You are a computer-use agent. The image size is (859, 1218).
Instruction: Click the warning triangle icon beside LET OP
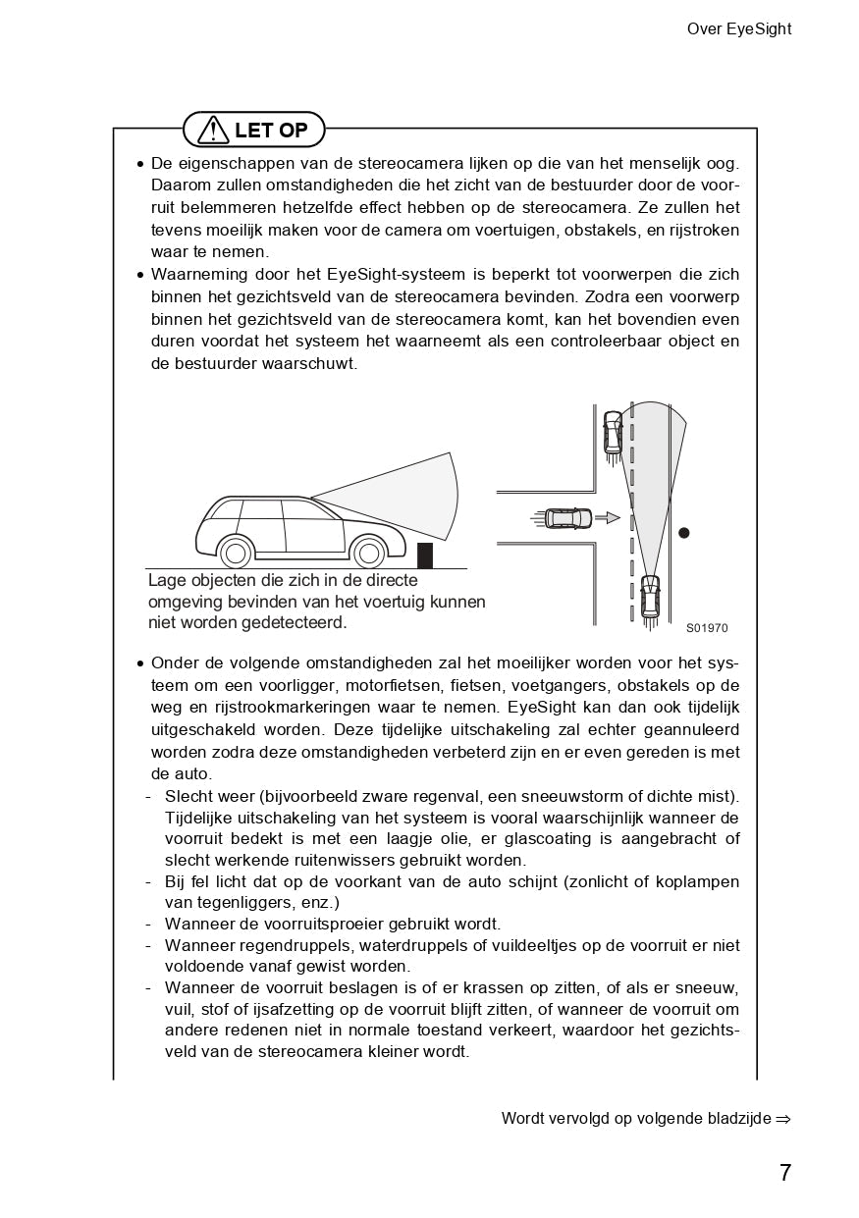(x=213, y=130)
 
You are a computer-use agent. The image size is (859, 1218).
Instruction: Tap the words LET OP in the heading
(x=271, y=130)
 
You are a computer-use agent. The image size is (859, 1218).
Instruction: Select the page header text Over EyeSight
(x=738, y=29)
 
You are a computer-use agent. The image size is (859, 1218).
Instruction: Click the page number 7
(x=784, y=1173)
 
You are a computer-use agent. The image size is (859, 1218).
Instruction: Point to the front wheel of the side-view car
(x=369, y=553)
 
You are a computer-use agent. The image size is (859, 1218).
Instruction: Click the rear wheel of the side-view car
(x=236, y=553)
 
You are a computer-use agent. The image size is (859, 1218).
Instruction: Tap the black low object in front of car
(x=424, y=555)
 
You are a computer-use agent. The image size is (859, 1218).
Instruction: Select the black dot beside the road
(x=684, y=533)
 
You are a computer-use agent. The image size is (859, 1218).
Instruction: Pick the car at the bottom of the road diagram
(x=649, y=596)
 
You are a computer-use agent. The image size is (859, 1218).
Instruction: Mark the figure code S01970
(x=707, y=628)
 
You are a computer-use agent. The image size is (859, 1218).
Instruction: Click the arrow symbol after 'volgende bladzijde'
(x=782, y=1119)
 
